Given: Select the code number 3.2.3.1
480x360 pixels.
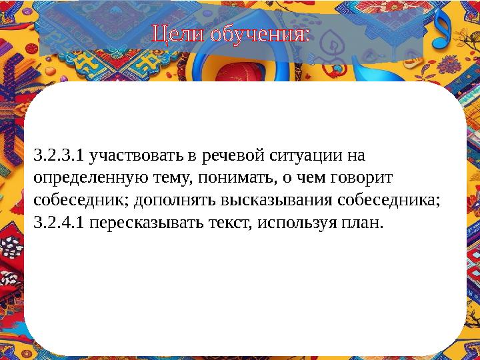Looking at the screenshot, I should pyautogui.click(x=59, y=157).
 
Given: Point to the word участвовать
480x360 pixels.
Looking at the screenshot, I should pyautogui.click(x=137, y=157).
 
